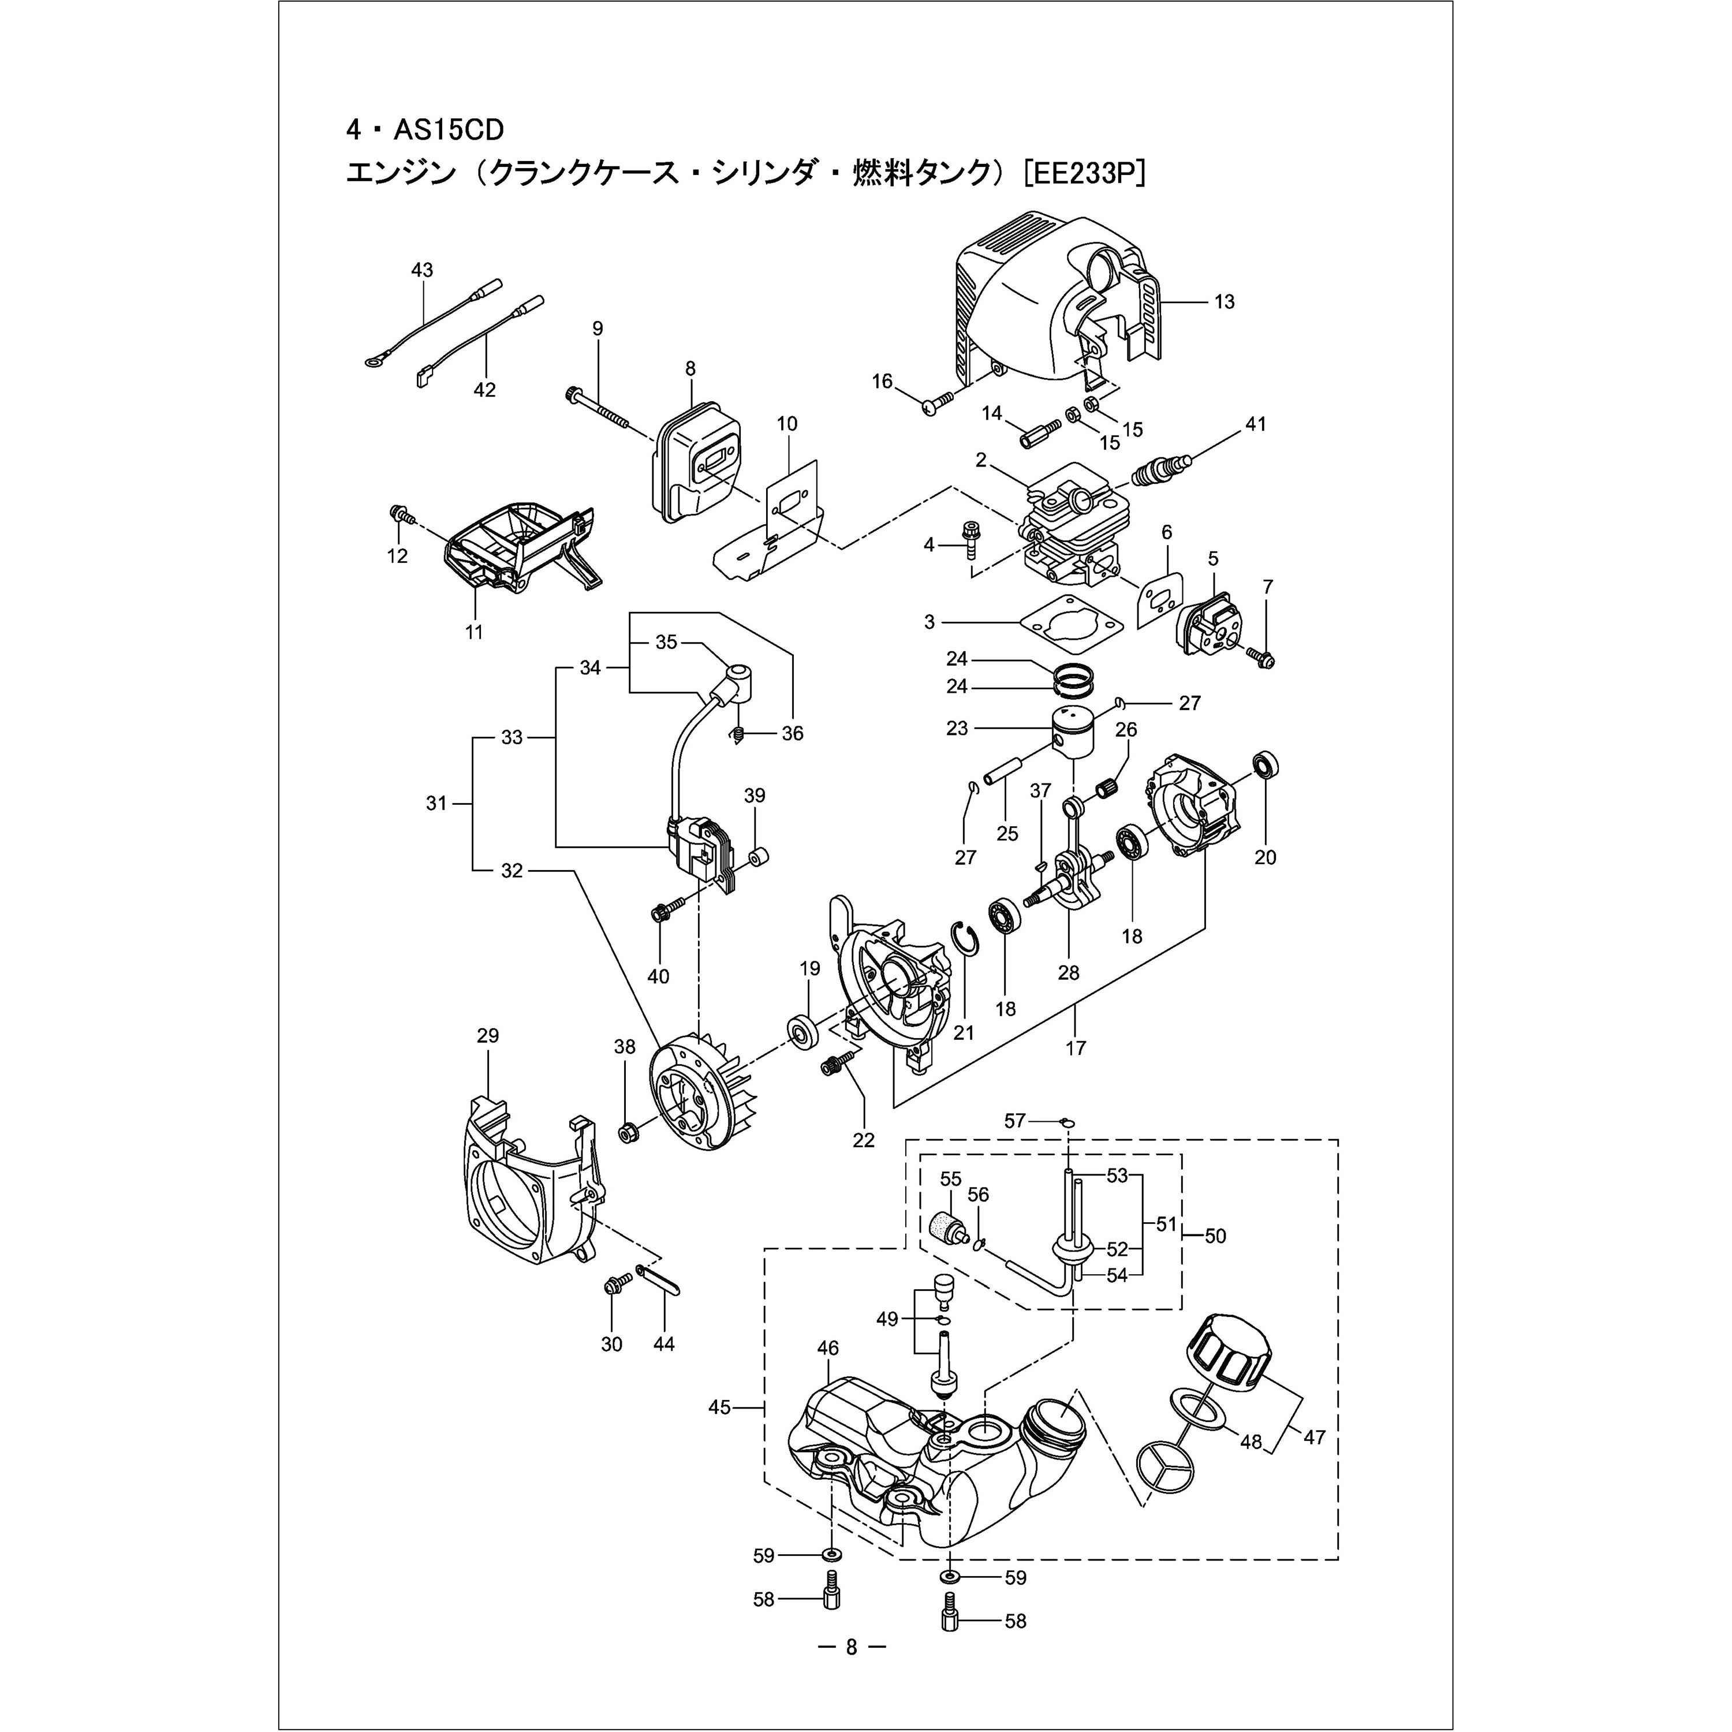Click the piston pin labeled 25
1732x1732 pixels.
(1002, 773)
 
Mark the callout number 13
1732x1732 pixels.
(1224, 302)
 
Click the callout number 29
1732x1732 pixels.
(488, 1035)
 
